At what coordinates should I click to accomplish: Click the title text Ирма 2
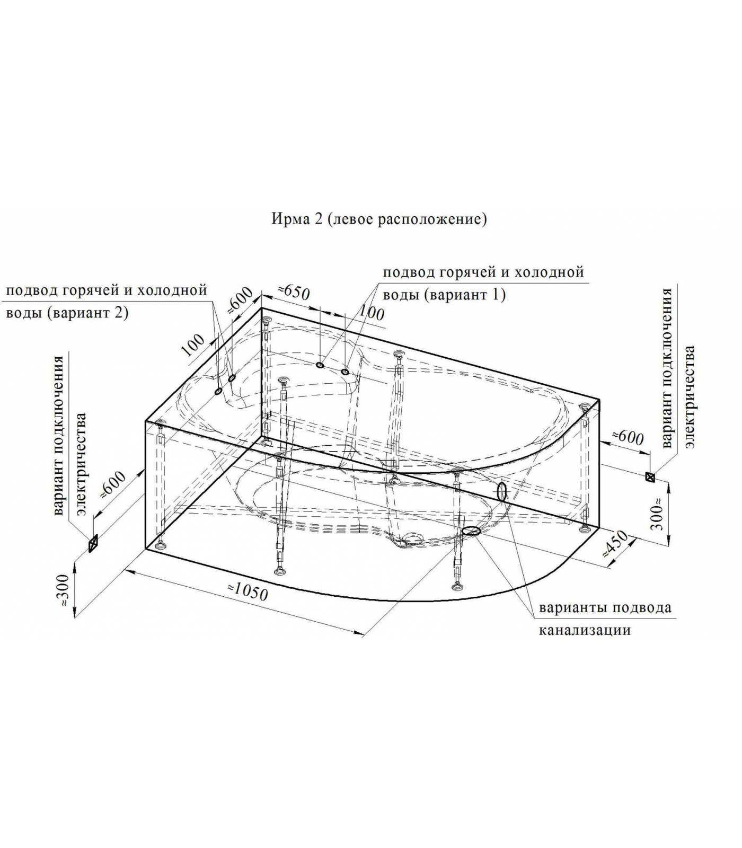297,219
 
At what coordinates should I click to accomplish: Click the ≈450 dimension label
615,544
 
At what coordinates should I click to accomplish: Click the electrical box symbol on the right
650,477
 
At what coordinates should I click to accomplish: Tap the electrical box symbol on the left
93,543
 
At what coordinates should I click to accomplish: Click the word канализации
585,630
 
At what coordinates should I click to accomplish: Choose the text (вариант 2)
87,313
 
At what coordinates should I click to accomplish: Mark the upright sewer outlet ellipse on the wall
501,492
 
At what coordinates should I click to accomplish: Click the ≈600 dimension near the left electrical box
113,484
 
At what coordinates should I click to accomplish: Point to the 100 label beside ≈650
371,313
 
